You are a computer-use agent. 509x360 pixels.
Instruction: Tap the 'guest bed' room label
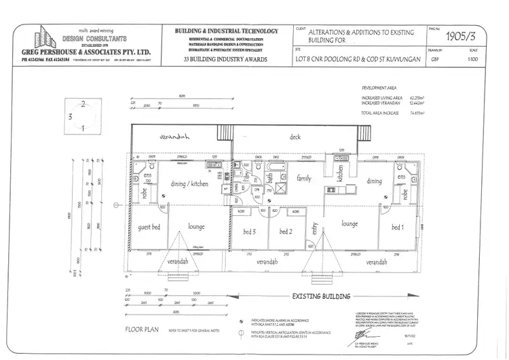coord(149,227)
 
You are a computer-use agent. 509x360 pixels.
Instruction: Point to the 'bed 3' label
coord(250,232)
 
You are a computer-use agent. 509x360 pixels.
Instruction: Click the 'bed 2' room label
coord(285,232)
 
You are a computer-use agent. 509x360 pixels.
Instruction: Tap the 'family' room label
coord(303,178)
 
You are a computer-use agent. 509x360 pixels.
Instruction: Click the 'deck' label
coord(295,137)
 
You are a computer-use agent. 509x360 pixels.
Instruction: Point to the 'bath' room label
coord(269,179)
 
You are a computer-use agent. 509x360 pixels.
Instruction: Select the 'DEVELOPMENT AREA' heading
coord(380,88)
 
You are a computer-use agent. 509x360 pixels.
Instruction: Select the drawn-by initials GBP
coord(434,59)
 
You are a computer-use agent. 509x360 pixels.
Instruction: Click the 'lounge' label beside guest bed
coord(196,226)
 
